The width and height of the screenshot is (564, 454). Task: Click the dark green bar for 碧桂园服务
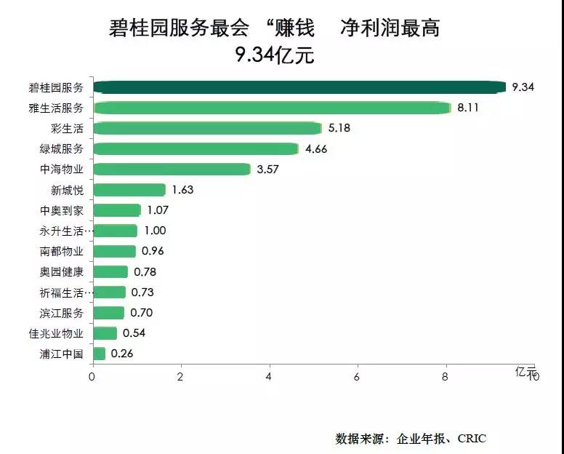point(299,87)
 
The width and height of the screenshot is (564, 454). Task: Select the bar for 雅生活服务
point(273,108)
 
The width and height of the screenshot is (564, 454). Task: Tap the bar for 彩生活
point(208,128)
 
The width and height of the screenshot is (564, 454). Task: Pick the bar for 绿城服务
point(196,148)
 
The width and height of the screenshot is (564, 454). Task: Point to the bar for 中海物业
point(172,169)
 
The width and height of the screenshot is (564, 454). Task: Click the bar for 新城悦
point(129,190)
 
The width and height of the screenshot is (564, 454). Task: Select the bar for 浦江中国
point(100,354)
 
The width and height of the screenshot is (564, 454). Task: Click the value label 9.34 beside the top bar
point(523,87)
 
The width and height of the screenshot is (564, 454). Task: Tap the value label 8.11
point(468,108)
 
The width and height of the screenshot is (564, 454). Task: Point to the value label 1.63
point(182,190)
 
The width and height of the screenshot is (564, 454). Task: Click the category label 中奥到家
point(62,211)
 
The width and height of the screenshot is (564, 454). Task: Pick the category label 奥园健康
point(62,272)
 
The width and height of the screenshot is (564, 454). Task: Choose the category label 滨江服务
point(62,314)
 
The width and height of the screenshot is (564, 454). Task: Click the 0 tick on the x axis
point(92,377)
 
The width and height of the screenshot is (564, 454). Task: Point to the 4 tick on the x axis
point(269,377)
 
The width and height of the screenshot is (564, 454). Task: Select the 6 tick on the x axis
point(358,377)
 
